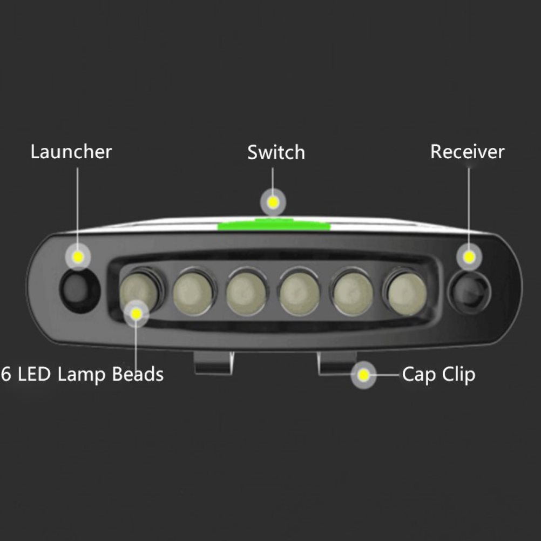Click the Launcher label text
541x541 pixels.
pos(71,152)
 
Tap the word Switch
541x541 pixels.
pos(276,152)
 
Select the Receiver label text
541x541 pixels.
pos(468,152)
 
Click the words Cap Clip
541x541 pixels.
pos(439,375)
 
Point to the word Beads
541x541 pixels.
pos(138,374)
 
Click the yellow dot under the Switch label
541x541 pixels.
pos(273,202)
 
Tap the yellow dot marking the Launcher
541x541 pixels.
pos(78,257)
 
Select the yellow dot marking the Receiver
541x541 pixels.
pos(469,257)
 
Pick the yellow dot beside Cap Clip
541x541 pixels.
pos(363,375)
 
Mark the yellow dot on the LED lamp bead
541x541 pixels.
pos(137,314)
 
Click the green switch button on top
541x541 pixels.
pos(274,225)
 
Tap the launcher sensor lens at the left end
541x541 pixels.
pos(80,291)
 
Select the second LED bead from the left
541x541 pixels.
pos(193,293)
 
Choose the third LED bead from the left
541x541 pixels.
pos(246,293)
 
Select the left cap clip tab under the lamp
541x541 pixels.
pos(214,363)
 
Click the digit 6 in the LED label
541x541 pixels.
pos(6,374)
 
